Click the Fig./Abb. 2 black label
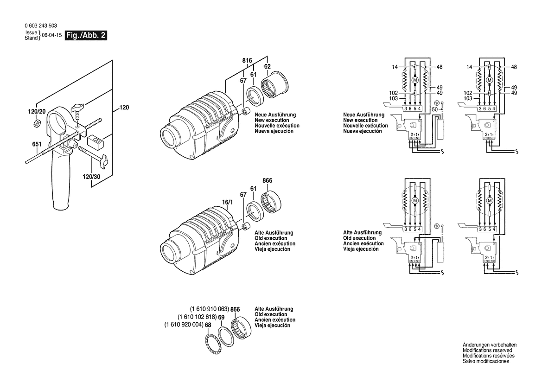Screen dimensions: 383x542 click(x=86, y=36)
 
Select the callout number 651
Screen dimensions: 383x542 click(x=37, y=145)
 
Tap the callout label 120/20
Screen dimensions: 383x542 click(x=36, y=111)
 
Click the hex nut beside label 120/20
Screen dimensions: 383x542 click(x=37, y=123)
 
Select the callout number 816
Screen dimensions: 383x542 click(x=247, y=61)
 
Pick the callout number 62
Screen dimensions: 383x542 click(x=267, y=67)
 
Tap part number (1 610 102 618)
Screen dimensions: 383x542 click(x=197, y=317)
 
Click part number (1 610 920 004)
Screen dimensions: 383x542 click(x=184, y=325)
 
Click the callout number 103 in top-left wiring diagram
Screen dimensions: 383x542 click(x=394, y=99)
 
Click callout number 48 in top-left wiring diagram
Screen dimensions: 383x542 click(x=439, y=67)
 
